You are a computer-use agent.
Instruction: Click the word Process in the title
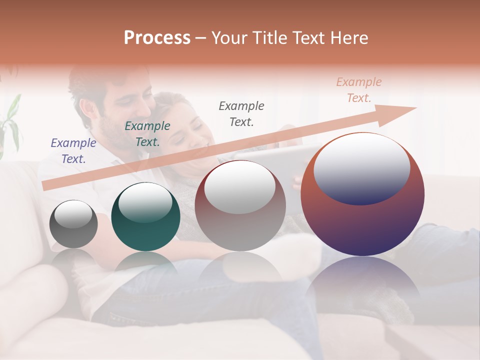pyautogui.click(x=157, y=38)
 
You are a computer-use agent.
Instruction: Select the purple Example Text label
pyautogui.click(x=73, y=151)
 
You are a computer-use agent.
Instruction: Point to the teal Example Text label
pyautogui.click(x=147, y=134)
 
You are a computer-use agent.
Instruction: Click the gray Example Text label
pyautogui.click(x=241, y=113)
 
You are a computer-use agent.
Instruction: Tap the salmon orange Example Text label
pyautogui.click(x=358, y=90)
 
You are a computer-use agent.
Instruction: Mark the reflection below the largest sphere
pyautogui.click(x=362, y=285)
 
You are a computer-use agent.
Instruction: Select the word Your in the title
pyautogui.click(x=227, y=38)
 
